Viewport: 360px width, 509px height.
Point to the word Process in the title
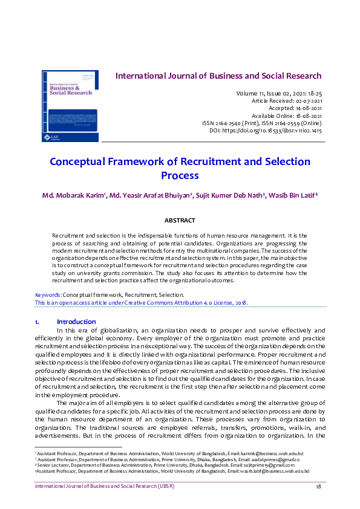pos(180,176)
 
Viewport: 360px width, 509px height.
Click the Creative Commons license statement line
pos(141,302)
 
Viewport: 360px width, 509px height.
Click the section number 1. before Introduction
pos(38,322)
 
